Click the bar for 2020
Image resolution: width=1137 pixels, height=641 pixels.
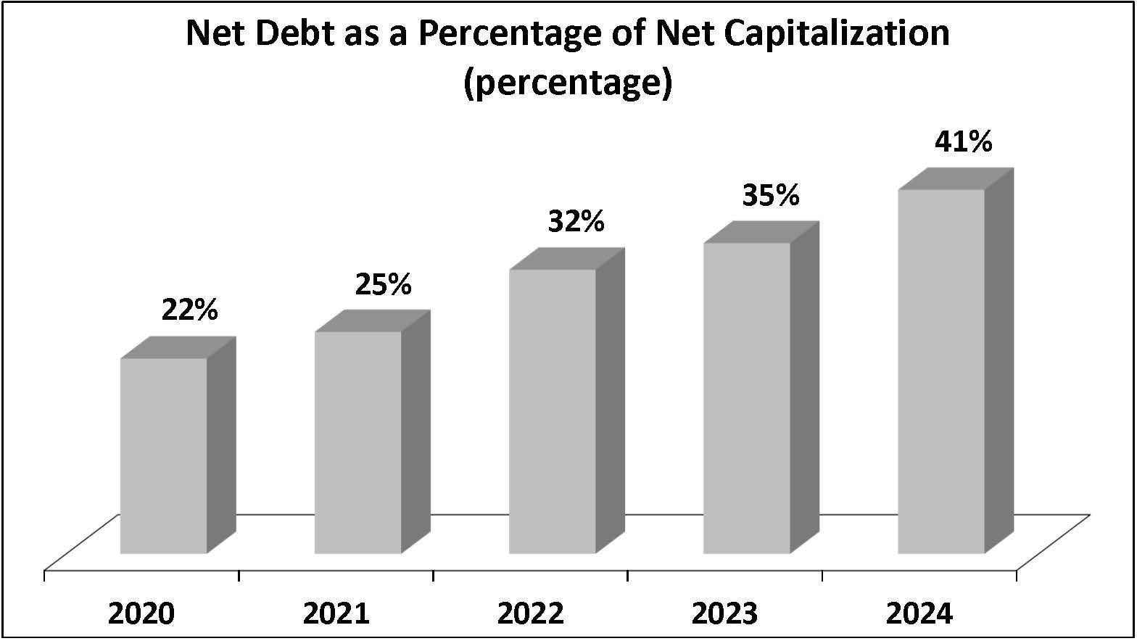click(164, 455)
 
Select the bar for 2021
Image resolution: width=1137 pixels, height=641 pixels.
click(358, 442)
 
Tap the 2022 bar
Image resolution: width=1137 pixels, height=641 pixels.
click(553, 411)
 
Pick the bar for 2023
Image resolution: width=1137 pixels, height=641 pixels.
click(747, 398)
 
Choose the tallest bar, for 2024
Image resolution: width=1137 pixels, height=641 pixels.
click(941, 371)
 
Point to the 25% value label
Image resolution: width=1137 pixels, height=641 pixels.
click(383, 284)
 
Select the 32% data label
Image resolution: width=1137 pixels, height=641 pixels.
click(576, 221)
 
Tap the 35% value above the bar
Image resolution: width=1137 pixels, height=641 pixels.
click(771, 195)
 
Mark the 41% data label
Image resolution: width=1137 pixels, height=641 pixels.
click(964, 141)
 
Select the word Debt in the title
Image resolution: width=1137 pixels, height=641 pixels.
click(289, 34)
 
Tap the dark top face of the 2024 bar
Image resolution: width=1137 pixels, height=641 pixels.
click(956, 179)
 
